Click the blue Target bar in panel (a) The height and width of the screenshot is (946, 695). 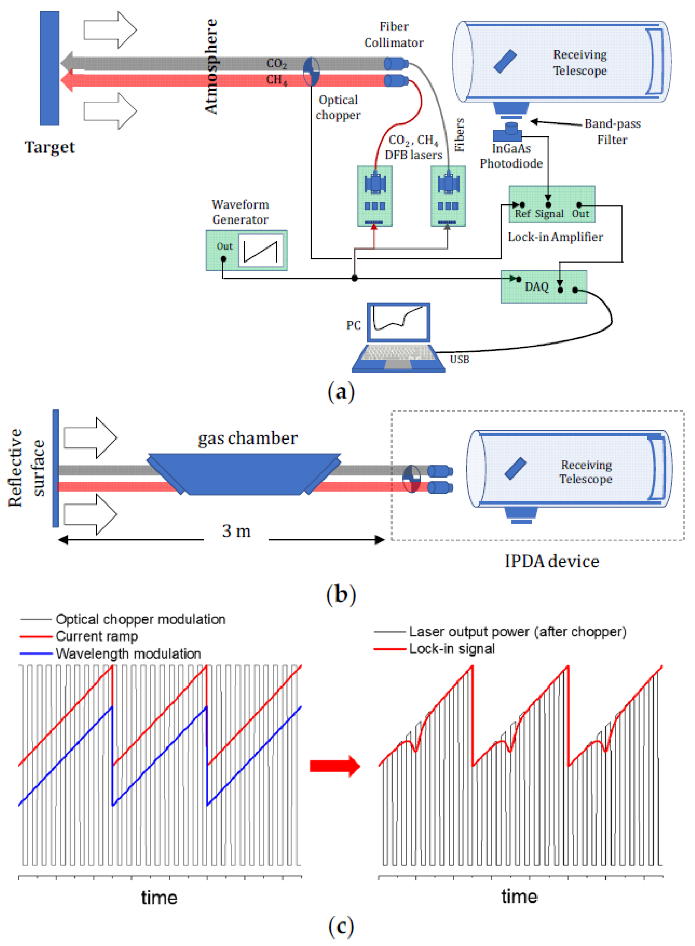tap(49, 68)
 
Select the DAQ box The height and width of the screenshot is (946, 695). tap(543, 287)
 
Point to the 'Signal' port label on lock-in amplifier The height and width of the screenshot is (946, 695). tap(549, 214)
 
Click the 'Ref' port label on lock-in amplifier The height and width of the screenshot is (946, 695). tap(522, 214)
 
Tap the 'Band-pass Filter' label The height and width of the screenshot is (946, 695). tap(612, 131)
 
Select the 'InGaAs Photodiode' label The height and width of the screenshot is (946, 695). tap(511, 156)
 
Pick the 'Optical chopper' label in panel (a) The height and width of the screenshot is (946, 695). tap(338, 107)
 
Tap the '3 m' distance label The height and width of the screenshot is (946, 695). tap(236, 531)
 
